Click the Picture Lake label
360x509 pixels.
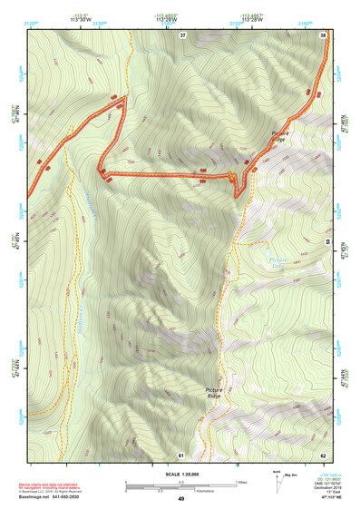pos(279,261)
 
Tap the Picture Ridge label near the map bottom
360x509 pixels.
pos(213,393)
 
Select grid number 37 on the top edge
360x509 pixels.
pos(182,34)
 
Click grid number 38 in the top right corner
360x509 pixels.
pos(323,34)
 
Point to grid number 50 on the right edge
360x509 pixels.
pos(326,243)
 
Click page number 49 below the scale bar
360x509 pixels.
pos(180,499)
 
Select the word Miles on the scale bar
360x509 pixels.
pos(238,482)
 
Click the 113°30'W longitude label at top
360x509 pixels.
pos(80,18)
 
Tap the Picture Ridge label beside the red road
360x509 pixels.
pos(279,136)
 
